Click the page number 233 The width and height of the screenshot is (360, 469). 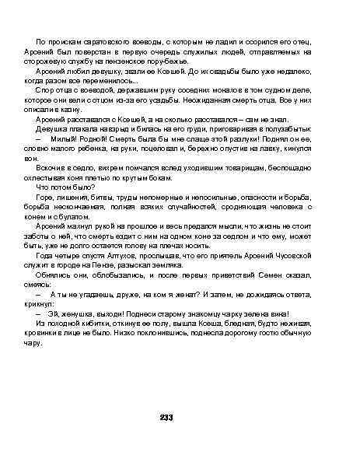pyautogui.click(x=166, y=418)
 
